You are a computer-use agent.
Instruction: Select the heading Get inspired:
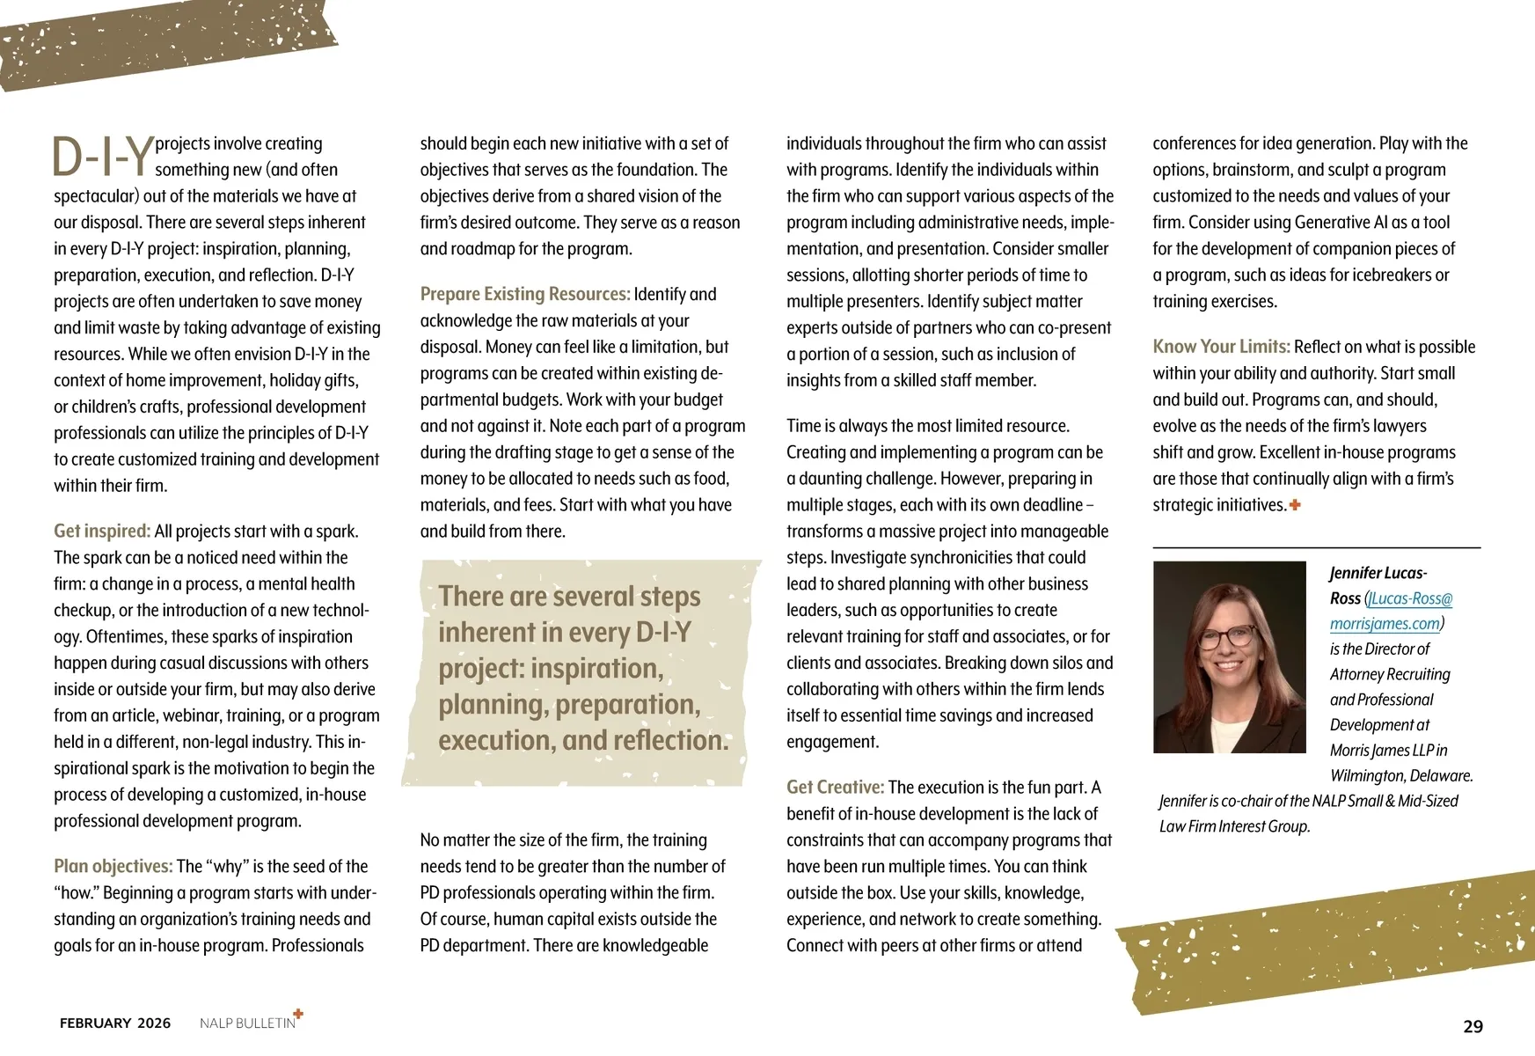102,531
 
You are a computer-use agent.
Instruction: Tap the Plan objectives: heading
113,866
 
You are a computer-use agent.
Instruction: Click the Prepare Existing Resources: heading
524,294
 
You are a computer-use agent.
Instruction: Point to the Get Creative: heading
835,787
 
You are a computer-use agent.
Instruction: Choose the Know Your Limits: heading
1221,347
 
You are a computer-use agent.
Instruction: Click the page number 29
1473,1026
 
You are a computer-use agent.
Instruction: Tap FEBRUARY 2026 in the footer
115,1023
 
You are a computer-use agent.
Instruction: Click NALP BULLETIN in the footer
247,1023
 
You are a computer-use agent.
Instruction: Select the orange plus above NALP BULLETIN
298,1014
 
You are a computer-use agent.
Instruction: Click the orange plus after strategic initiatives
1295,505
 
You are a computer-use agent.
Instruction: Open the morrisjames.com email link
1385,624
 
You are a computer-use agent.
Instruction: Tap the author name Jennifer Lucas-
1378,573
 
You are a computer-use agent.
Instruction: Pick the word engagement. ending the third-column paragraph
832,742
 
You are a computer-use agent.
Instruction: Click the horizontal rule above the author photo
1316,547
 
